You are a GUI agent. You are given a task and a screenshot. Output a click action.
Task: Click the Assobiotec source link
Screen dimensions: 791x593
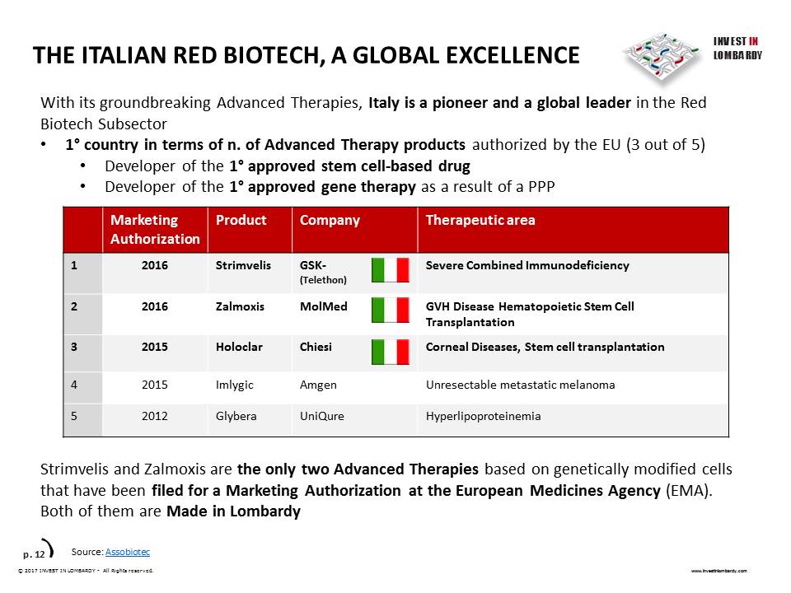(x=128, y=552)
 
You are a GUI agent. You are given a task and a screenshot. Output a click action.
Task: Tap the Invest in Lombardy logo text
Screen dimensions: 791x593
(x=737, y=49)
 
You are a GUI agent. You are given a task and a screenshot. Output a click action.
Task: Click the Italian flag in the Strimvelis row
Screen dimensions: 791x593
(x=390, y=270)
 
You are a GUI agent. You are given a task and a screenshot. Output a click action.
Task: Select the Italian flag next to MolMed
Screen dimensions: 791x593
(x=390, y=311)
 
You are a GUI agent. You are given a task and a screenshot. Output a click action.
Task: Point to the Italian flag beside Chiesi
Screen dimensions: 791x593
(x=390, y=352)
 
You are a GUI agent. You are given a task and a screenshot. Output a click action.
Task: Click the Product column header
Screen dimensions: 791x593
(x=241, y=220)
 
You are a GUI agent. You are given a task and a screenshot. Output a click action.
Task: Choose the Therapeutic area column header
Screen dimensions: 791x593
(x=480, y=220)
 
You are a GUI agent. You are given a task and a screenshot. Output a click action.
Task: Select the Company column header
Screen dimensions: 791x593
(x=330, y=221)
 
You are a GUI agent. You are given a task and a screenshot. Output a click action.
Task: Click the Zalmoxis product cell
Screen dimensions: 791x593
(x=240, y=306)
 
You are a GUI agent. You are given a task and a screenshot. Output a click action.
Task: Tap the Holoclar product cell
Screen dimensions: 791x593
(x=239, y=347)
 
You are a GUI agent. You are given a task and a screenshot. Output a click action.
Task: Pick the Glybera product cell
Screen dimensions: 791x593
(x=236, y=417)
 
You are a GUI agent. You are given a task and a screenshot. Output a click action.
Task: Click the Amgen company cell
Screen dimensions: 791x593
(x=318, y=385)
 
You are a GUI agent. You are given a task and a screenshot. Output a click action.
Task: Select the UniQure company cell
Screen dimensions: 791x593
(x=322, y=417)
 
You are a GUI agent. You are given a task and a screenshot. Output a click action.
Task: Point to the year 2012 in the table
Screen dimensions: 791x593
(x=154, y=416)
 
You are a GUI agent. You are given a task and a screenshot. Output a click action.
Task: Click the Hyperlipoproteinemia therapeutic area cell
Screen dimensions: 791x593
(x=484, y=417)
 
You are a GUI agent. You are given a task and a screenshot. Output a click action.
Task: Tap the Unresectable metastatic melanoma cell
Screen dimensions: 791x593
(x=521, y=385)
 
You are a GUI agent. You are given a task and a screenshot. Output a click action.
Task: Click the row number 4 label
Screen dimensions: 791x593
(x=74, y=385)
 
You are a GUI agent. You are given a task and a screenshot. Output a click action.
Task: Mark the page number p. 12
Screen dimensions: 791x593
(x=34, y=554)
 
